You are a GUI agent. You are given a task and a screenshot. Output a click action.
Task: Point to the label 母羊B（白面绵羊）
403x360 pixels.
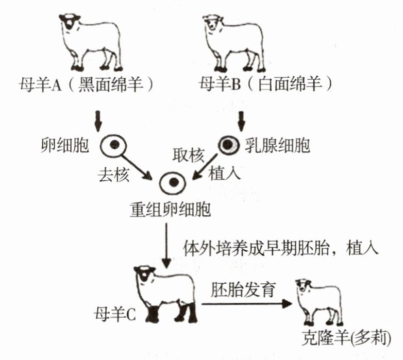(264, 83)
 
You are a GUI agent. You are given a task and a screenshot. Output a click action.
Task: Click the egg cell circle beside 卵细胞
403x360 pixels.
(111, 147)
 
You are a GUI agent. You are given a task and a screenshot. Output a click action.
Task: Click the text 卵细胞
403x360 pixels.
(65, 146)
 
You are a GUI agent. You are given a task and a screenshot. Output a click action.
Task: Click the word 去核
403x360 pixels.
(113, 175)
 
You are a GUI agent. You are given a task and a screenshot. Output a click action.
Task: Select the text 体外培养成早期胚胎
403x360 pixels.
(258, 248)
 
